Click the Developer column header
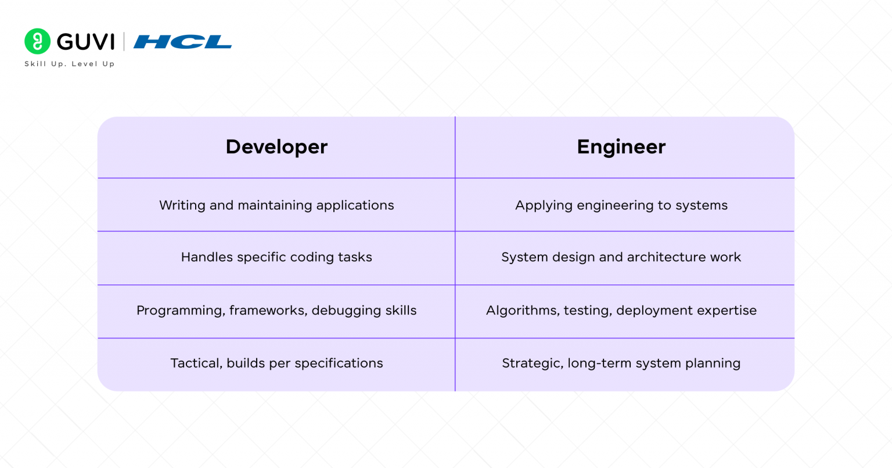click(x=276, y=147)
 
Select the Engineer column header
click(x=621, y=147)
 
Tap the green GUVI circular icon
click(x=38, y=41)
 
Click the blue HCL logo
click(x=182, y=42)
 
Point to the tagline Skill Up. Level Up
click(x=70, y=64)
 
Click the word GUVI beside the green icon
click(x=86, y=42)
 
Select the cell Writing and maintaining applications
click(x=276, y=205)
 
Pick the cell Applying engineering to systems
click(x=621, y=205)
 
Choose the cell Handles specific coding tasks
click(x=276, y=257)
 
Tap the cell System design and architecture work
click(x=621, y=257)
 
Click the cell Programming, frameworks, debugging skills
click(x=276, y=311)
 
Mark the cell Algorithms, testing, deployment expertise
click(x=621, y=311)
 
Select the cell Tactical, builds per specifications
click(x=276, y=363)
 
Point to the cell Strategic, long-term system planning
click(x=621, y=363)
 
